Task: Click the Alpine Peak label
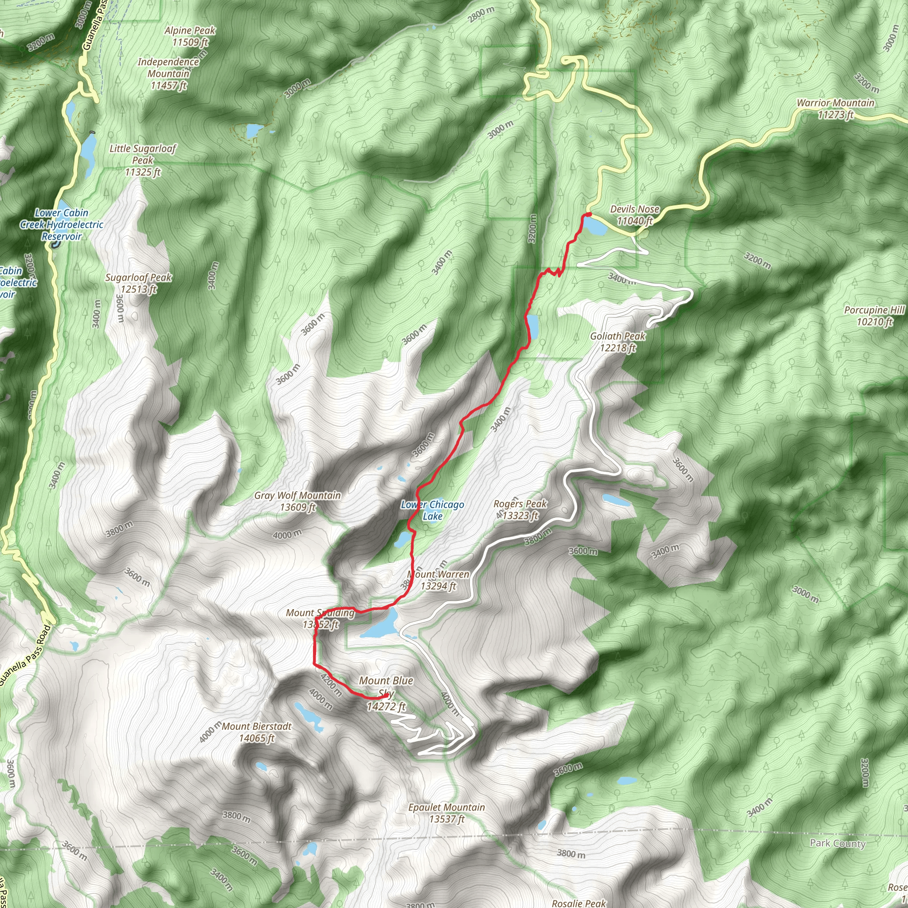tap(190, 36)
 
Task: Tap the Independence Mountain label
tap(168, 73)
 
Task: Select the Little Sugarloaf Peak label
tap(142, 160)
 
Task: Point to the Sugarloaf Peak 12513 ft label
tap(138, 283)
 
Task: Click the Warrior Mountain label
tap(835, 109)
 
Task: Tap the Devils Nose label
tap(634, 215)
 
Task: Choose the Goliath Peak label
tap(618, 342)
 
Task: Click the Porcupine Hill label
tap(874, 316)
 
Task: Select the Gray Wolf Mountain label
tap(297, 501)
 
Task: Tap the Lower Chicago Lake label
tap(432, 510)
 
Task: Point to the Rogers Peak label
tap(520, 509)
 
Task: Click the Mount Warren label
tap(438, 580)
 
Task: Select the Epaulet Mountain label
tap(446, 813)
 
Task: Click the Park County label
tap(837, 843)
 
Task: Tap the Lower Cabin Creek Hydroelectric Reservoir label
tap(62, 224)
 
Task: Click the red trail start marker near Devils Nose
tap(587, 215)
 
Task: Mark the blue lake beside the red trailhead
tap(595, 227)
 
